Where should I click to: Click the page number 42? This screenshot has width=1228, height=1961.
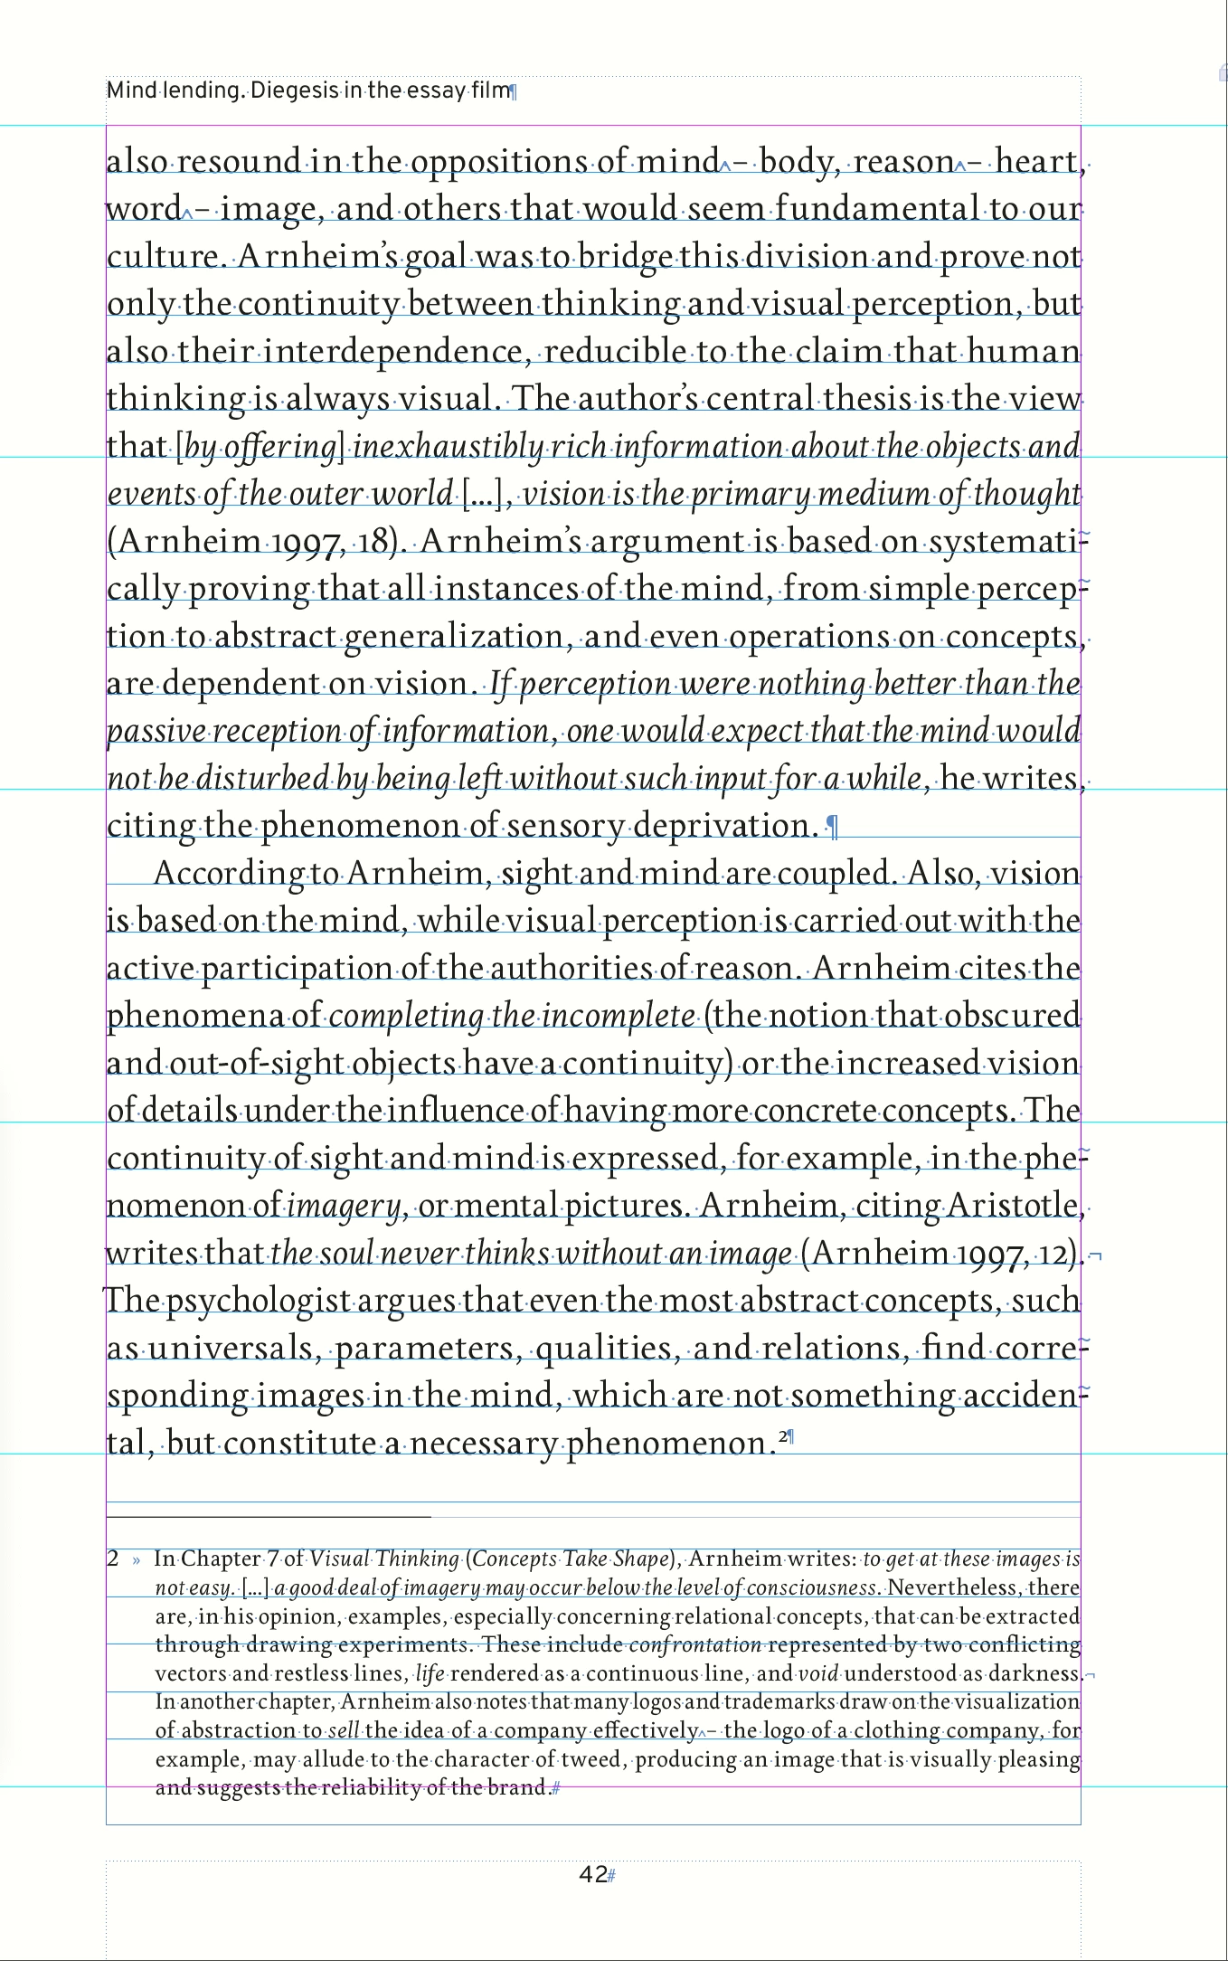click(592, 1874)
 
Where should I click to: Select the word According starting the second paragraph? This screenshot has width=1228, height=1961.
click(230, 874)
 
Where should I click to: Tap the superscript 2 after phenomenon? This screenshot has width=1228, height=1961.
click(782, 1435)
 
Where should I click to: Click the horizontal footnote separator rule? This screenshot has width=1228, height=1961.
click(268, 1516)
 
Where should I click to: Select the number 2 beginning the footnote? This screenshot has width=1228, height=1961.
click(112, 1558)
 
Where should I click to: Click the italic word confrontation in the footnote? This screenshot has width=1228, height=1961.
click(695, 1644)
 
